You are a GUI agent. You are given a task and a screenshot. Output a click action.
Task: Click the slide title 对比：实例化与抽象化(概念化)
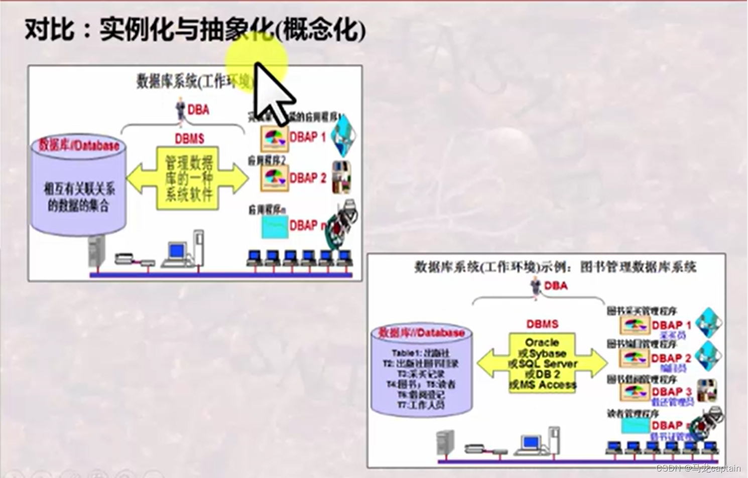(x=195, y=29)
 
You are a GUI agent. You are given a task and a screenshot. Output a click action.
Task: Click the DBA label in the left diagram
(x=198, y=110)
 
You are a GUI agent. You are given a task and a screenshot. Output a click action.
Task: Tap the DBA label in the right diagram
(x=556, y=286)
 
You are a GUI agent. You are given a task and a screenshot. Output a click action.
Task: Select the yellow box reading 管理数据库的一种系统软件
(x=188, y=178)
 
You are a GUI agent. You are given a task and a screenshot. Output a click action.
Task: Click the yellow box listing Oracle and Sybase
(x=542, y=364)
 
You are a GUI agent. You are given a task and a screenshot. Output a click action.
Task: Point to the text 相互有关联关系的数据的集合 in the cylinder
(x=79, y=197)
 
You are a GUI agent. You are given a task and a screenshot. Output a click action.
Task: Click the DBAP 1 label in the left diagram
(x=308, y=137)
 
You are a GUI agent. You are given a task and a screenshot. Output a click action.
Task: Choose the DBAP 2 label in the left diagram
(x=308, y=178)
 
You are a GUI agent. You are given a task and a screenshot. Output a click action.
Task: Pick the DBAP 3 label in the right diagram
(x=671, y=391)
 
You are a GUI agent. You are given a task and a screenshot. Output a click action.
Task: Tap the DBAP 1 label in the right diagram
(x=671, y=325)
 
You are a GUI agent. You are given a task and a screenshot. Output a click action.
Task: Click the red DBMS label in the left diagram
(x=189, y=138)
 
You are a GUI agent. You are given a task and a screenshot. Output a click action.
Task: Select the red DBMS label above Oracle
(x=542, y=324)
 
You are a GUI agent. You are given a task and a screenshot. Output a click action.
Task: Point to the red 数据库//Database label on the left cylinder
(x=79, y=145)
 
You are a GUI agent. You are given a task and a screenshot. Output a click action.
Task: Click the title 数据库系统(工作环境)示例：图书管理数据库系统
(x=555, y=267)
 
